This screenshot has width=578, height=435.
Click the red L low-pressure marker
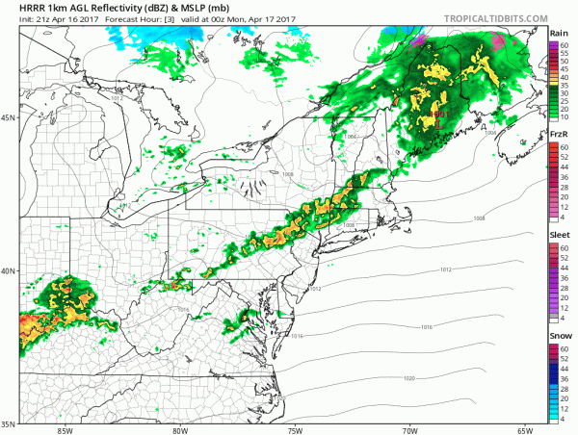(440, 123)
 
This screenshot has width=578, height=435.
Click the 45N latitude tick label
(9, 118)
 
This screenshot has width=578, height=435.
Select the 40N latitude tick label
(9, 270)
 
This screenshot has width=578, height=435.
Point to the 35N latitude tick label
(9, 423)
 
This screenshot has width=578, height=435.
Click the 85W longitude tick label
(66, 429)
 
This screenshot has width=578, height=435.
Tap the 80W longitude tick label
(180, 429)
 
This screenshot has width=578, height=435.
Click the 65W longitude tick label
(524, 429)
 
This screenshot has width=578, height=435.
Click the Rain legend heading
(560, 33)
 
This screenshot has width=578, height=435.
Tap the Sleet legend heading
(560, 234)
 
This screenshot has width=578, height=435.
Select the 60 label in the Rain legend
(565, 43)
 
